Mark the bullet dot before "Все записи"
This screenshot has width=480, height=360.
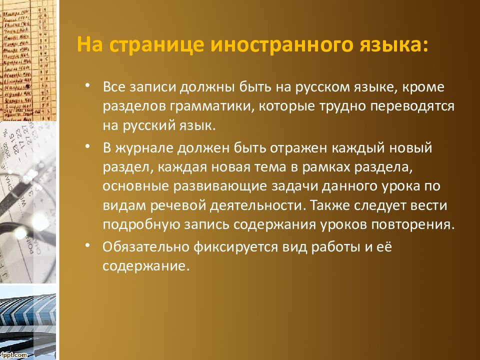[x=88, y=86]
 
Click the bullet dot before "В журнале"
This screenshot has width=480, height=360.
[x=88, y=147]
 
